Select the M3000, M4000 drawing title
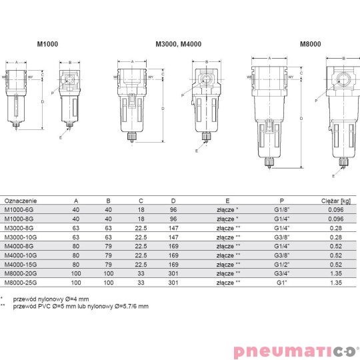(x=178, y=45)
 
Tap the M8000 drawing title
(x=310, y=45)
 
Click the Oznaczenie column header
(x=21, y=200)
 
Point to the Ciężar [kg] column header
(x=335, y=200)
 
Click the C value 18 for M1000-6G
(x=141, y=209)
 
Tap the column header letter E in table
(x=227, y=200)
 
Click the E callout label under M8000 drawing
(x=333, y=177)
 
